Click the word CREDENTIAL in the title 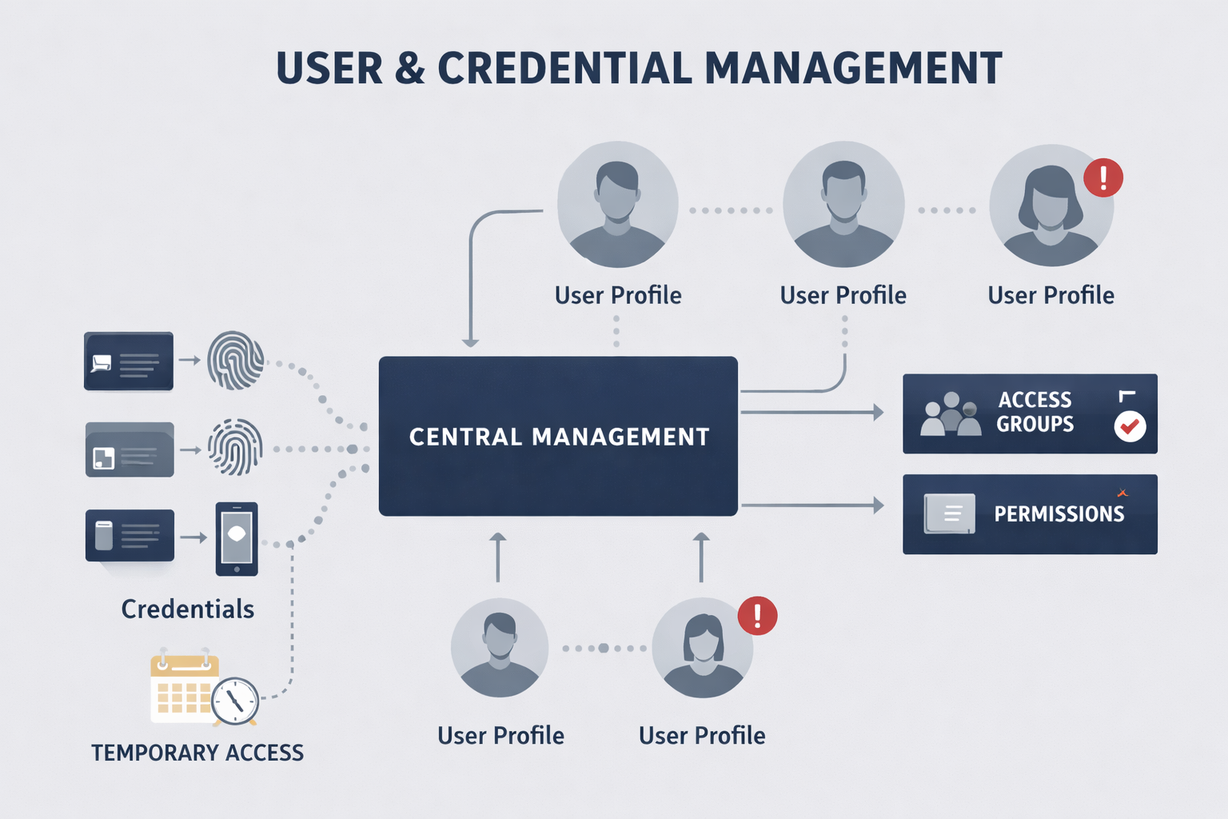click(x=564, y=69)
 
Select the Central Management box click(x=558, y=436)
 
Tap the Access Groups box click(x=1030, y=413)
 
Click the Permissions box click(x=1030, y=513)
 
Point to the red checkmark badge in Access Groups click(x=1130, y=426)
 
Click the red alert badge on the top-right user click(x=1103, y=178)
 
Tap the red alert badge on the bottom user click(x=757, y=616)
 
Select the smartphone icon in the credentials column click(x=237, y=538)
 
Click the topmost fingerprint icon click(x=236, y=361)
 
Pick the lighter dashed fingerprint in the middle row click(x=236, y=447)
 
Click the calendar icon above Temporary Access click(x=183, y=689)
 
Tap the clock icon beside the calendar click(x=235, y=701)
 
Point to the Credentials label click(x=188, y=609)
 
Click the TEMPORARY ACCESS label click(x=197, y=753)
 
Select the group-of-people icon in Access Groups click(x=951, y=414)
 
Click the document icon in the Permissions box click(x=950, y=513)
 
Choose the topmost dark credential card click(x=129, y=362)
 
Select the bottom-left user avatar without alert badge click(x=500, y=647)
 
